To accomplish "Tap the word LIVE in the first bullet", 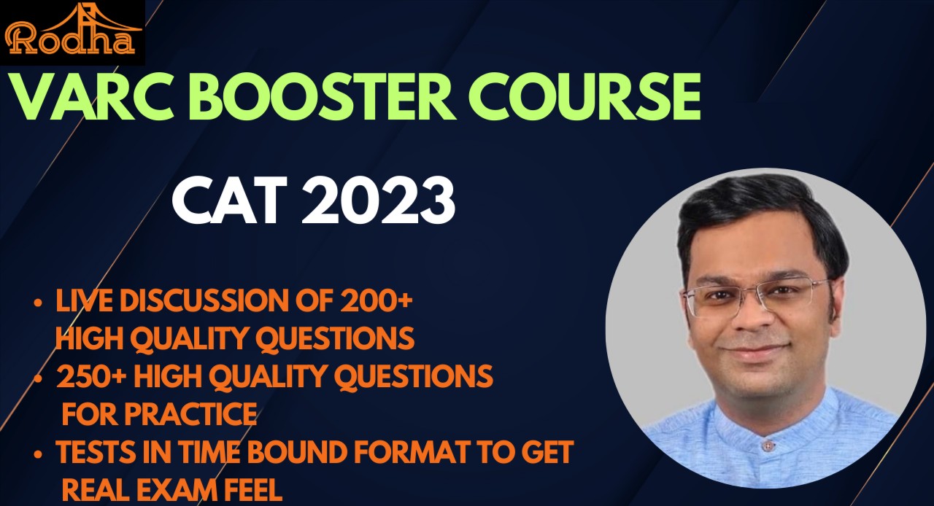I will click(81, 302).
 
